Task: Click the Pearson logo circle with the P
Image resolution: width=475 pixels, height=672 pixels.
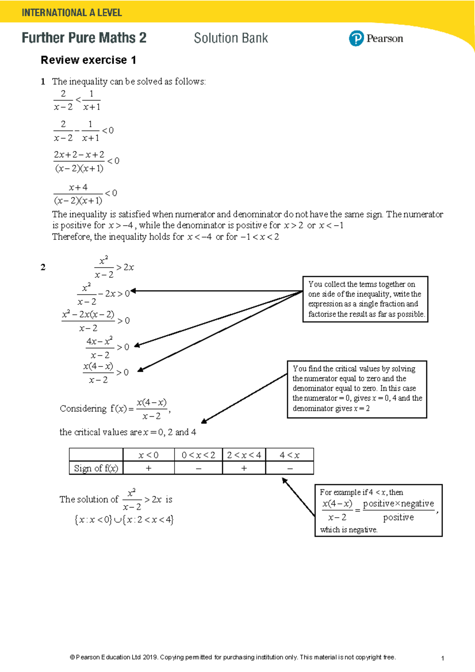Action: pos(356,38)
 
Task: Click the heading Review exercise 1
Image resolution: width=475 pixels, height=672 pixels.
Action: pos(88,60)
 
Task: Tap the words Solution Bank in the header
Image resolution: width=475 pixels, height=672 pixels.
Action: pos(231,38)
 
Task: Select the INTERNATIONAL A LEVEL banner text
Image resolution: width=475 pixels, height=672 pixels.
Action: pos(72,13)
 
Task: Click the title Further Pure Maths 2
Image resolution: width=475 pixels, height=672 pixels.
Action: pos(84,38)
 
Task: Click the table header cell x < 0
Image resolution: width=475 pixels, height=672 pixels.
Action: pos(148,455)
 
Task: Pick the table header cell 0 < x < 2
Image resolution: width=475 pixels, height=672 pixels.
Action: pos(198,455)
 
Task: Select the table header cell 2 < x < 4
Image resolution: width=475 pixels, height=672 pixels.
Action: pos(244,455)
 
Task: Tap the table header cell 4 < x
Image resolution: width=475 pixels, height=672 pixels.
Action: pos(289,455)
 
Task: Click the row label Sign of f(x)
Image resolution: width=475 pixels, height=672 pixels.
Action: pos(96,468)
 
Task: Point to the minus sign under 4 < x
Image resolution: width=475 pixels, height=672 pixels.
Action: pos(290,469)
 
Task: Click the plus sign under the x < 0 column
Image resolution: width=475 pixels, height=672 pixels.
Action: pos(148,468)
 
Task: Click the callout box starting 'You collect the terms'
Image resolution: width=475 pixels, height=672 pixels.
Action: pos(365,299)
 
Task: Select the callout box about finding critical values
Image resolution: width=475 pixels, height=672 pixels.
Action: pos(357,389)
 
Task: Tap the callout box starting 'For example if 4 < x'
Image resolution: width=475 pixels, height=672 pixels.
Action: pos(378,510)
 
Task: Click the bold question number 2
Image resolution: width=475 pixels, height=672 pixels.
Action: pos(43,268)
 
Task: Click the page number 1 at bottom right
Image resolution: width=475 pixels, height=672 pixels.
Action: pos(442,658)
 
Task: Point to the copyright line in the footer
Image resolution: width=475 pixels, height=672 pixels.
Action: pos(233,657)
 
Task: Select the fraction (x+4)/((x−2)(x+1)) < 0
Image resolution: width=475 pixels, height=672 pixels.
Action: pos(85,194)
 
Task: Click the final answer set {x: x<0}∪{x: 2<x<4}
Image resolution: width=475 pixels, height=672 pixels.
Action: pos(124,520)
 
